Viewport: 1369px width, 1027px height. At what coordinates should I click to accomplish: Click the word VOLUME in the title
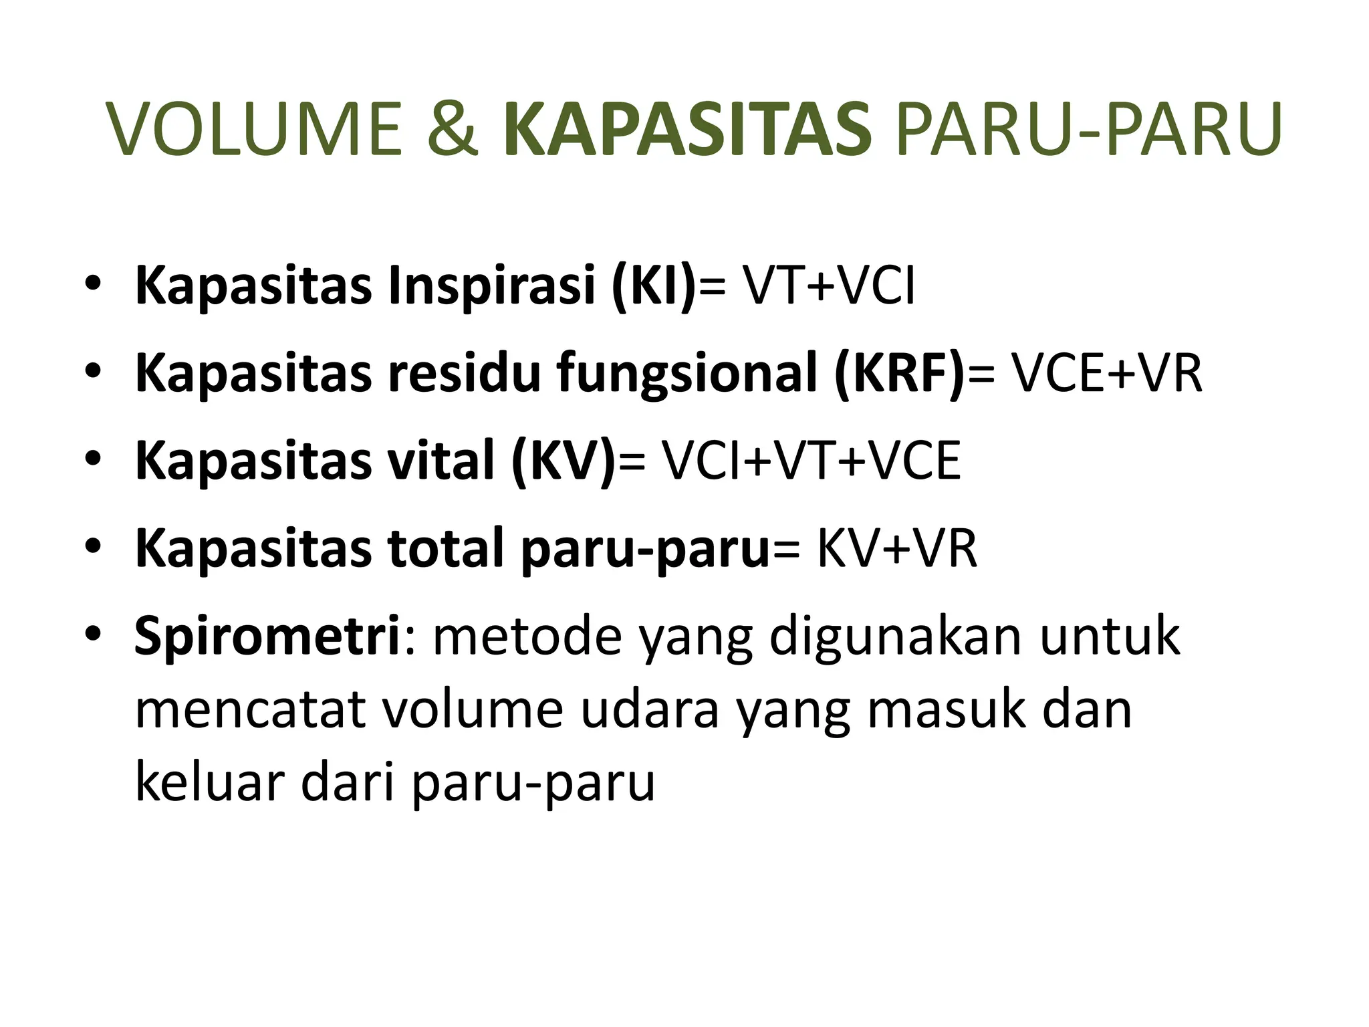tap(255, 130)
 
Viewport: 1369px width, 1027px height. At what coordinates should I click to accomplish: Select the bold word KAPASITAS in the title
tap(688, 130)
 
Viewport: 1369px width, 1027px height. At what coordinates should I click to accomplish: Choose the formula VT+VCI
tap(829, 286)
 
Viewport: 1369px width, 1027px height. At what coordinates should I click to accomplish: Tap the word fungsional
tap(688, 374)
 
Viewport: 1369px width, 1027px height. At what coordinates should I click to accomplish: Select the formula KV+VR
tap(896, 549)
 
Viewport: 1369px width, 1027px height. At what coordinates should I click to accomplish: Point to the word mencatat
tap(250, 710)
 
